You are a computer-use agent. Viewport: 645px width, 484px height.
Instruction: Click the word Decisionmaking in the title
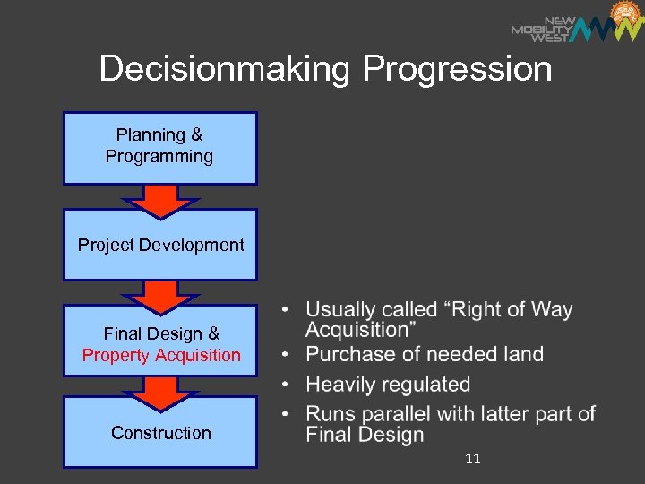[227, 69]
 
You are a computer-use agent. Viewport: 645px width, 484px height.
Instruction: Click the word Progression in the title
[458, 69]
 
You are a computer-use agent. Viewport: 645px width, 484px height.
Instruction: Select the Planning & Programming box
[159, 147]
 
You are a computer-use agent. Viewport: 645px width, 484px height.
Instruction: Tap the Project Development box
[160, 245]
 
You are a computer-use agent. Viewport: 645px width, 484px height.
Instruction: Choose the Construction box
[160, 433]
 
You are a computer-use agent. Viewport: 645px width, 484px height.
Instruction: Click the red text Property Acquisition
[161, 356]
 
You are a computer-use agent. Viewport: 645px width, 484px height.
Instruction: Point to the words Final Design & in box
[161, 333]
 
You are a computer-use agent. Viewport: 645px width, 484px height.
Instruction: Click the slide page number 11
[473, 459]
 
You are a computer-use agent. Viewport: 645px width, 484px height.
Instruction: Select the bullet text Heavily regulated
[388, 385]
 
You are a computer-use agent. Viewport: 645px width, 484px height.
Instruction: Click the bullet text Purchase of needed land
[425, 354]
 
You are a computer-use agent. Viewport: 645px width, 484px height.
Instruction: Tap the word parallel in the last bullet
[454, 414]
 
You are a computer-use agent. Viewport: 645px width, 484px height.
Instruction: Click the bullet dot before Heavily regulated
[285, 385]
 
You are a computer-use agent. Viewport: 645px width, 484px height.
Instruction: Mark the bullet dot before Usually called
[285, 311]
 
